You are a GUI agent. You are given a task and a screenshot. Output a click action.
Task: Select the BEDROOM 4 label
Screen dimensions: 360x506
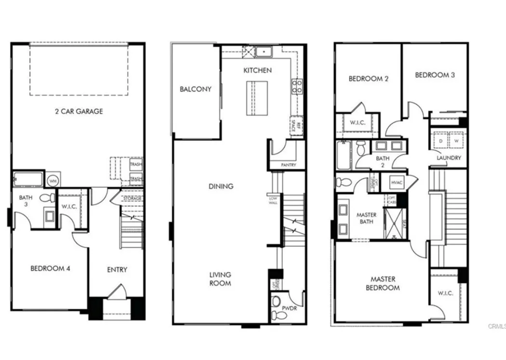(50, 268)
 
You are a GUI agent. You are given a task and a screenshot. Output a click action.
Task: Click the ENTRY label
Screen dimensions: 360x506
(117, 269)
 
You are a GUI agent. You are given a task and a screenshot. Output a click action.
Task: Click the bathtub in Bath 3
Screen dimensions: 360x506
(28, 179)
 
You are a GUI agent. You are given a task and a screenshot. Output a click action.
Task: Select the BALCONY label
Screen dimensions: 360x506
(196, 89)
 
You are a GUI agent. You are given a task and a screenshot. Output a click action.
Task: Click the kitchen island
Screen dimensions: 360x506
(257, 98)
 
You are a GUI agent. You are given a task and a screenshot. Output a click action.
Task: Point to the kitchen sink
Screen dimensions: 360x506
(264, 51)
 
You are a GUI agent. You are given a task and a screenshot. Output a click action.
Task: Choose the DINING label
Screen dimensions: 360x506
(221, 187)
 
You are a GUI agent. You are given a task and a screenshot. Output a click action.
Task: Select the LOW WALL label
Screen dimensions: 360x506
(273, 199)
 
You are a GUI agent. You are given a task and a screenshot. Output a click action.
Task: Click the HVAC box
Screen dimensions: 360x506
(397, 183)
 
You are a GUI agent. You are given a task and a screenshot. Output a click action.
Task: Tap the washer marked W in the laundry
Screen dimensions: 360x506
(455, 141)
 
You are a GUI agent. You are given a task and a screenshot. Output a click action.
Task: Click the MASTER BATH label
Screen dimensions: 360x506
(366, 218)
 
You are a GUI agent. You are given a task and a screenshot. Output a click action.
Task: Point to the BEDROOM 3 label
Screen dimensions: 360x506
(435, 75)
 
